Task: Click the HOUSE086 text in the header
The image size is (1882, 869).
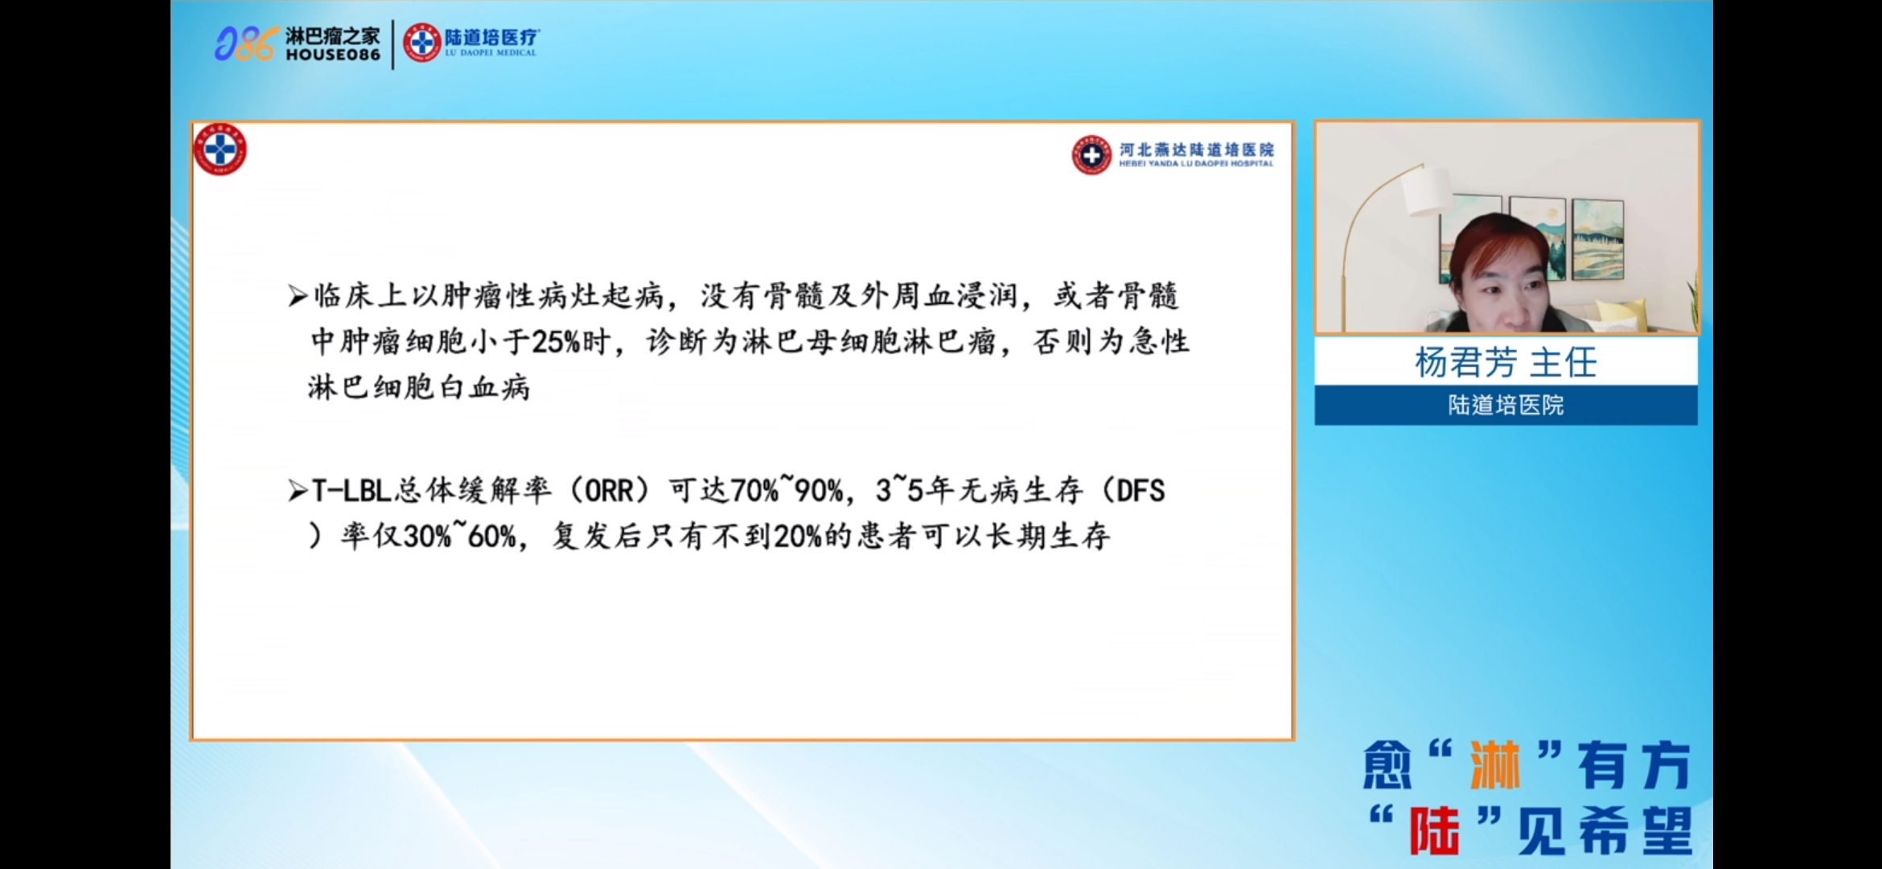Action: click(333, 55)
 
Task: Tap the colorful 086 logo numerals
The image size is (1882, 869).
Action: click(245, 43)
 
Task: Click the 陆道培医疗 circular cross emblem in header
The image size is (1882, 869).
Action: click(421, 43)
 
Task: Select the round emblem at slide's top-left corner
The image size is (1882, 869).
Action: click(220, 150)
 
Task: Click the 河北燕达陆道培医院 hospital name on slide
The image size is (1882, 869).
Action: click(1196, 149)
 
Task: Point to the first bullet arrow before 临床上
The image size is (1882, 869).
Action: click(298, 296)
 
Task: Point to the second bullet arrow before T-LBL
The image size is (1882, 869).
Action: click(298, 491)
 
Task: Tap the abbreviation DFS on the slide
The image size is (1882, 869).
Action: click(1140, 491)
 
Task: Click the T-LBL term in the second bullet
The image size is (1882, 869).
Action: click(351, 491)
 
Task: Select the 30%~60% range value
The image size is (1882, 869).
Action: click(459, 536)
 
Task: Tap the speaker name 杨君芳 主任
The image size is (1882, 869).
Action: click(1506, 362)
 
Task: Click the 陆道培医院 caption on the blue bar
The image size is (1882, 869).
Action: click(1506, 405)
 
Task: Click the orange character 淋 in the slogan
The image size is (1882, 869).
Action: click(1495, 765)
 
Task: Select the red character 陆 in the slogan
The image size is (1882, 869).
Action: click(1434, 830)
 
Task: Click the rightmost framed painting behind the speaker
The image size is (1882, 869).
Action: click(1597, 238)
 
